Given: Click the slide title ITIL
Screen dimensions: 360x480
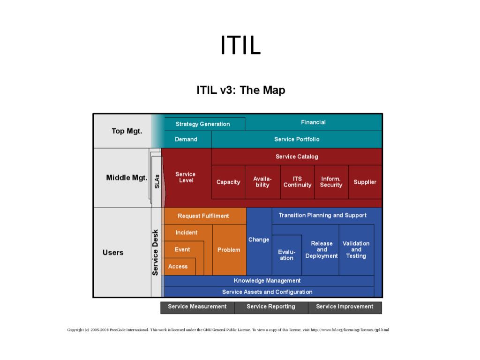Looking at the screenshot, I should pos(240,45).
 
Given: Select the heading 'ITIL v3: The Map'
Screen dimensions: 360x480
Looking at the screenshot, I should pos(240,90).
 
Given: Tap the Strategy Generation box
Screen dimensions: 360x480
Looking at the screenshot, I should pos(202,124).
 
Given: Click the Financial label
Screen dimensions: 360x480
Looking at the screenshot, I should pos(313,122).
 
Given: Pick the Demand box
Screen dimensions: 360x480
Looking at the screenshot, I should pos(186,139).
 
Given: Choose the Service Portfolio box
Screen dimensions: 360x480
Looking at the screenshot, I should pos(297,139).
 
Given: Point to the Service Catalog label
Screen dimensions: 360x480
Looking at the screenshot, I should pos(297,157).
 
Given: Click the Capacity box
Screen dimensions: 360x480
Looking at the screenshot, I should pos(228,182).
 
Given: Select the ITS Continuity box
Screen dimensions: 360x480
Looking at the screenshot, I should pos(297,182).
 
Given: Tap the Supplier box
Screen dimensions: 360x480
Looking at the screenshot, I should pos(365,182).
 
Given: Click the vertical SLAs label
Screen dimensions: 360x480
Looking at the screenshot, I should pos(157,181).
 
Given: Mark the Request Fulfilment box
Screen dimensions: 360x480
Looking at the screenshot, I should pos(203,216).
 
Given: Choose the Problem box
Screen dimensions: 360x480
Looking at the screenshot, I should pos(229,250).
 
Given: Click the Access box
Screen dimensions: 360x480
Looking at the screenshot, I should pos(178,266).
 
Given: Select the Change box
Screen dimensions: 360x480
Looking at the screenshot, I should pos(259,240).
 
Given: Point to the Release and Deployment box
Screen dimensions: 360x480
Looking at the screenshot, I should pos(322,250).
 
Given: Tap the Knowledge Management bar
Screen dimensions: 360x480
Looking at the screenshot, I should pos(267,280).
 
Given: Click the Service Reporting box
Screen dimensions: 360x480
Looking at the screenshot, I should pos(271,307).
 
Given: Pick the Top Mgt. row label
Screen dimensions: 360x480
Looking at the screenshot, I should pos(127,131).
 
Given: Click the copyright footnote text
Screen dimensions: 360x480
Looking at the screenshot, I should pos(228,330).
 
